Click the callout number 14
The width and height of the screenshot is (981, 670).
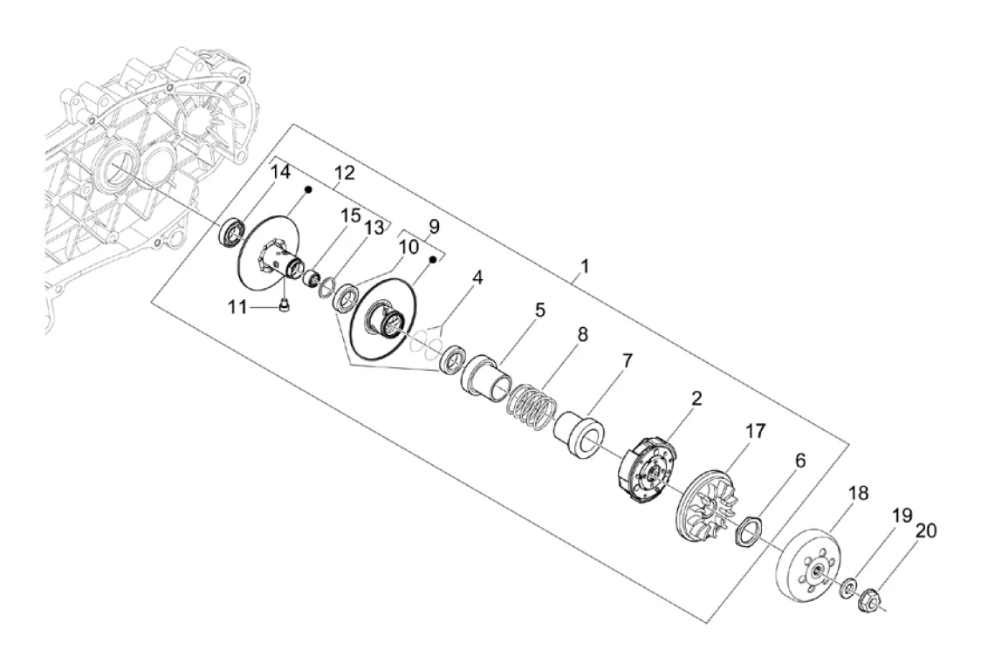point(281,171)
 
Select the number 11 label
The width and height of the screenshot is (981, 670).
point(237,307)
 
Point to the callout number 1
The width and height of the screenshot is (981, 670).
point(585,266)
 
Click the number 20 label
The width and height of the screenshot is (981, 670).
point(927,530)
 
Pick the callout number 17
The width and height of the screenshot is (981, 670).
point(755,431)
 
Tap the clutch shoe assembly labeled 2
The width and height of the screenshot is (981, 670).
point(644,470)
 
